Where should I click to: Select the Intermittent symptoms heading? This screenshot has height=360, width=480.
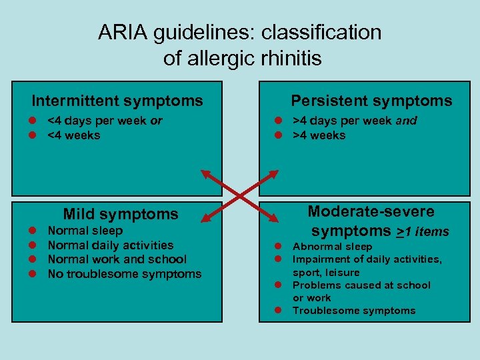tap(117, 101)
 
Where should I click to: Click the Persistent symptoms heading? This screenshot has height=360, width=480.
tap(371, 101)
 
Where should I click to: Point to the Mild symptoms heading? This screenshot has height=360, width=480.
tap(121, 214)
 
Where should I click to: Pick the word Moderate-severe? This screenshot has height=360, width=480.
tap(371, 211)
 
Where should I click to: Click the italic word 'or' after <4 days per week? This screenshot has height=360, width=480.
tap(156, 121)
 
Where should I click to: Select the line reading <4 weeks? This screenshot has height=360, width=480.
tap(74, 135)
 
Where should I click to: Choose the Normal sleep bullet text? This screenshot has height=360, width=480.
tap(85, 231)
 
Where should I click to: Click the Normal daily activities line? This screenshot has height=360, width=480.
tap(111, 245)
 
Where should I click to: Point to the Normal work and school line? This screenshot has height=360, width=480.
tap(117, 259)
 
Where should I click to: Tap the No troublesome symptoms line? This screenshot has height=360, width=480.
tap(125, 274)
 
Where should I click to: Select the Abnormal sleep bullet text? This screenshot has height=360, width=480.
tap(333, 247)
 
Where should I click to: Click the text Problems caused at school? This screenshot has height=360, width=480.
tap(362, 285)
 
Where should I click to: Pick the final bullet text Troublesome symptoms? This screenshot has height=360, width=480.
tap(354, 311)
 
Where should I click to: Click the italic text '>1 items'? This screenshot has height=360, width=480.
tap(423, 232)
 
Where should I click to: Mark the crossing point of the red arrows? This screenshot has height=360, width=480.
tap(240, 195)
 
